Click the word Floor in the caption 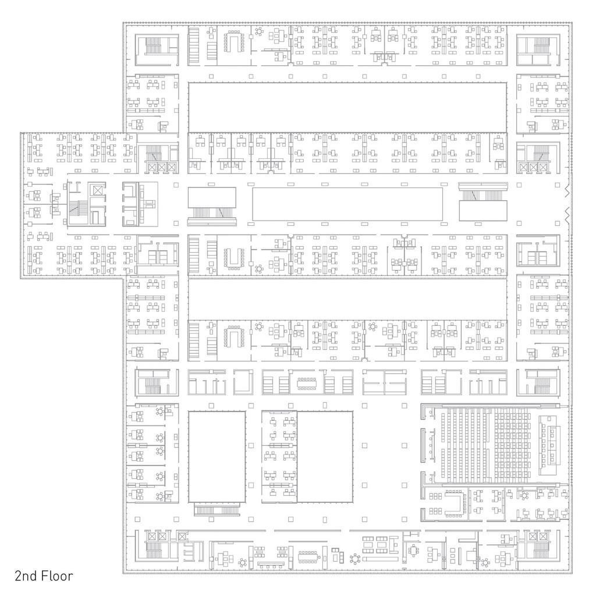[57, 576]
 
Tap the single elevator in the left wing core [97, 190]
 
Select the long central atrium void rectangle [347, 204]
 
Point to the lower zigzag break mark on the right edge [567, 215]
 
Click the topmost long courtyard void [347, 107]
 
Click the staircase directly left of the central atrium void [212, 212]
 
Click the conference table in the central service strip [307, 384]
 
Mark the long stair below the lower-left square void [217, 509]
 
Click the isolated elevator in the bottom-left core [182, 536]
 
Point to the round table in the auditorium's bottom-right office [524, 495]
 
